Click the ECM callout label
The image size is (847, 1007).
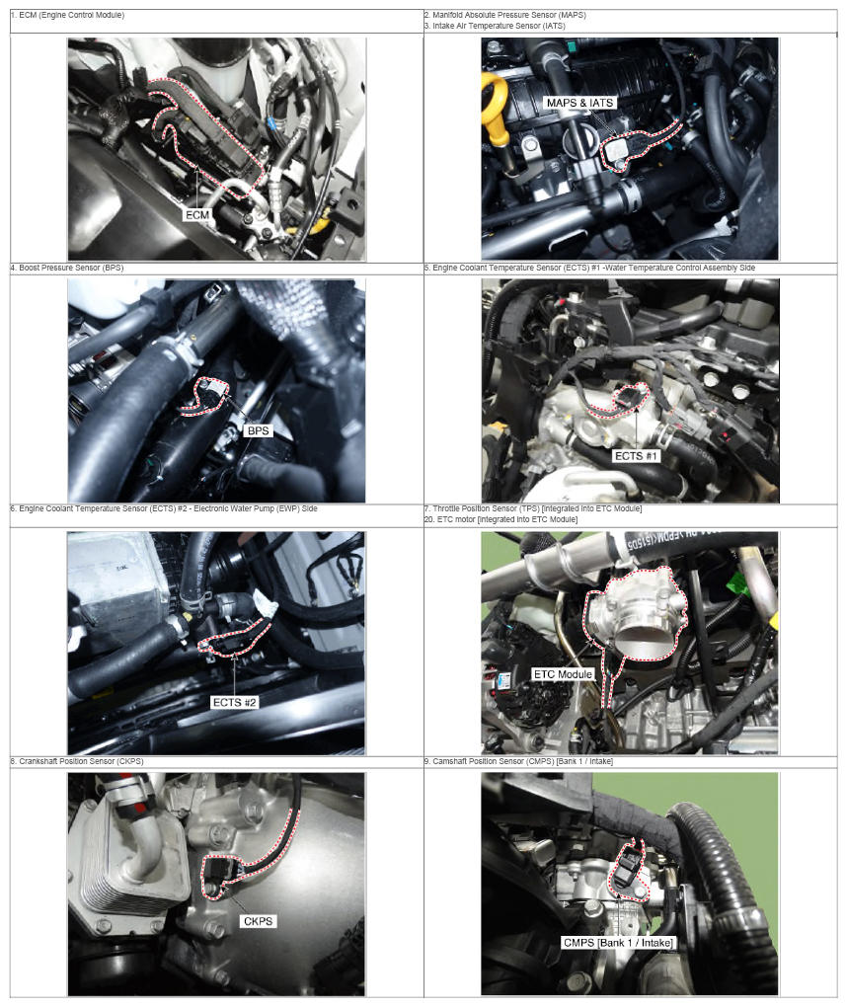coord(197,214)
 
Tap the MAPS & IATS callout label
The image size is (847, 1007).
coord(579,103)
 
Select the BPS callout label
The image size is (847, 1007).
coord(258,430)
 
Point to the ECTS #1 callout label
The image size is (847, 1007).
coord(636,456)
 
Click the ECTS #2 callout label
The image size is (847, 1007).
coord(234,703)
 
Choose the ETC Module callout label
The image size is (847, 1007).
coord(563,674)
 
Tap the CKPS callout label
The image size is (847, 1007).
coord(258,921)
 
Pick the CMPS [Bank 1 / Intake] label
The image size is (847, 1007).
coord(618,943)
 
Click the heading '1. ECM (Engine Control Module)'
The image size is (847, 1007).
coord(67,15)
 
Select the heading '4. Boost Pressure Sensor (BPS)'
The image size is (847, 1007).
coord(67,268)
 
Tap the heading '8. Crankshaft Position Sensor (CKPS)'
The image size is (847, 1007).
coord(77,761)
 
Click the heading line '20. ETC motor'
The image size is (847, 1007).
coord(500,519)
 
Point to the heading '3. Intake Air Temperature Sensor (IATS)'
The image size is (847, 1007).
coord(496,26)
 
